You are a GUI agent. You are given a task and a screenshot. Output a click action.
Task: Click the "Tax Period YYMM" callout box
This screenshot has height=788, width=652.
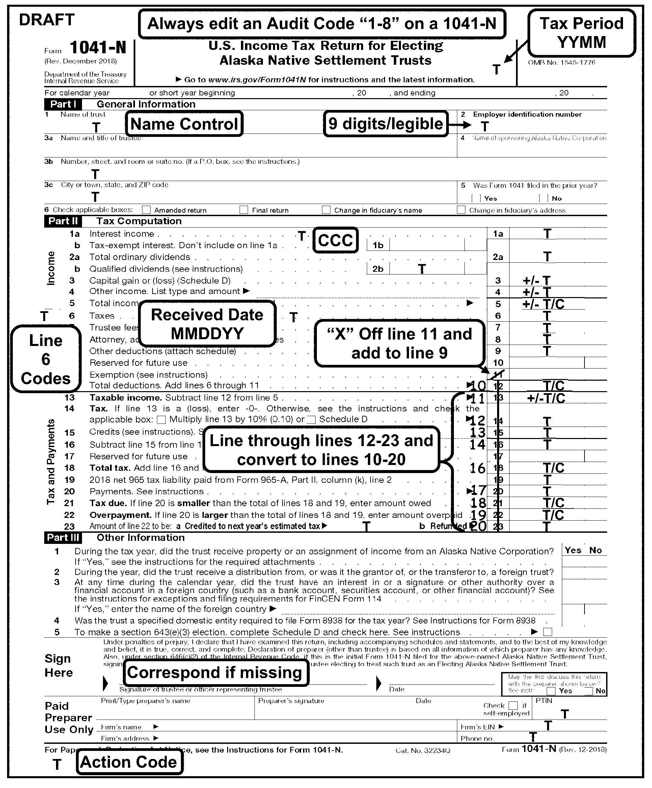581,33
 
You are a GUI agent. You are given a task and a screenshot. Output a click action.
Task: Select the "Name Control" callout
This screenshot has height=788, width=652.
184,124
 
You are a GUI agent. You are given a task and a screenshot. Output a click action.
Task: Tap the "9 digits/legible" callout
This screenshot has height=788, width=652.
386,124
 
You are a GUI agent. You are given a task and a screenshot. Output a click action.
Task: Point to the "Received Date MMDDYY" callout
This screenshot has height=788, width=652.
207,324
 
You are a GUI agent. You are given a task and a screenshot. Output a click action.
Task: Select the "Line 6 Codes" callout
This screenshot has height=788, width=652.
46,359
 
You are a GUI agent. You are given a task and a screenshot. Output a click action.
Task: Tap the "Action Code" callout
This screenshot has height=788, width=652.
129,762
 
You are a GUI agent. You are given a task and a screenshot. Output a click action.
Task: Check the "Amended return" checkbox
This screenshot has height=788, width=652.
146,210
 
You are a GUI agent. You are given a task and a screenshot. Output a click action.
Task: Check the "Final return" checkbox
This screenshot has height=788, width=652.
244,210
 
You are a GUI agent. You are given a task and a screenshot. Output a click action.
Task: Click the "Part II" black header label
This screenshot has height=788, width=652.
63,221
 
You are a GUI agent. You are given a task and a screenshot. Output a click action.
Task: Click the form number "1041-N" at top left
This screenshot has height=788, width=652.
98,48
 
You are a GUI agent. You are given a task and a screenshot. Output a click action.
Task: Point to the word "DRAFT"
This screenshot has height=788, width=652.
47,20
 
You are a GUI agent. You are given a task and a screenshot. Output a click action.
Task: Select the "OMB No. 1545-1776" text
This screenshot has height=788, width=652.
562,63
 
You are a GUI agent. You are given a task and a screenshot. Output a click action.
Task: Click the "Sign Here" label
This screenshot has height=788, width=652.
58,666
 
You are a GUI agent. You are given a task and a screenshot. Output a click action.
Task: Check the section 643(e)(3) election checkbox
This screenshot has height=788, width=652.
548,632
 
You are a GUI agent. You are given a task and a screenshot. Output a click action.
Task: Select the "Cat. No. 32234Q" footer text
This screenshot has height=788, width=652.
423,751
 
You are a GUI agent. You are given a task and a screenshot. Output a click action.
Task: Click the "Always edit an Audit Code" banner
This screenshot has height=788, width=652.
322,24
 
